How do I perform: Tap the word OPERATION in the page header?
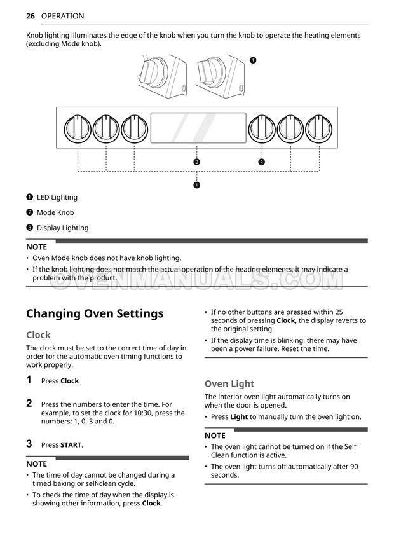(62, 16)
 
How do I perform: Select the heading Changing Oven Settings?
(95, 313)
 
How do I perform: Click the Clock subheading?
(38, 334)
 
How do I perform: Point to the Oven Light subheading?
(229, 383)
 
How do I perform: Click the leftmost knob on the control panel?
(78, 129)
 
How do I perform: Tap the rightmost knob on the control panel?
(318, 129)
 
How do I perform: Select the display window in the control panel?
(198, 128)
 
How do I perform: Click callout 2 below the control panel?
(261, 162)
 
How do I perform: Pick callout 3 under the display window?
(197, 162)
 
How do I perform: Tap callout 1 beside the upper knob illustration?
(253, 60)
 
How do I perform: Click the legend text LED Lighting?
(57, 197)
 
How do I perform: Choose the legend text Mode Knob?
(55, 212)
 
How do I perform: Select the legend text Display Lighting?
(62, 228)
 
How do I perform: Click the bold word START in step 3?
(71, 445)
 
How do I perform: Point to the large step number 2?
(29, 403)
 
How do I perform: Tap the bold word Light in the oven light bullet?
(239, 417)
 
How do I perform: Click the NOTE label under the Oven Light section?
(215, 436)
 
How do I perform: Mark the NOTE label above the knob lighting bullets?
(36, 246)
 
